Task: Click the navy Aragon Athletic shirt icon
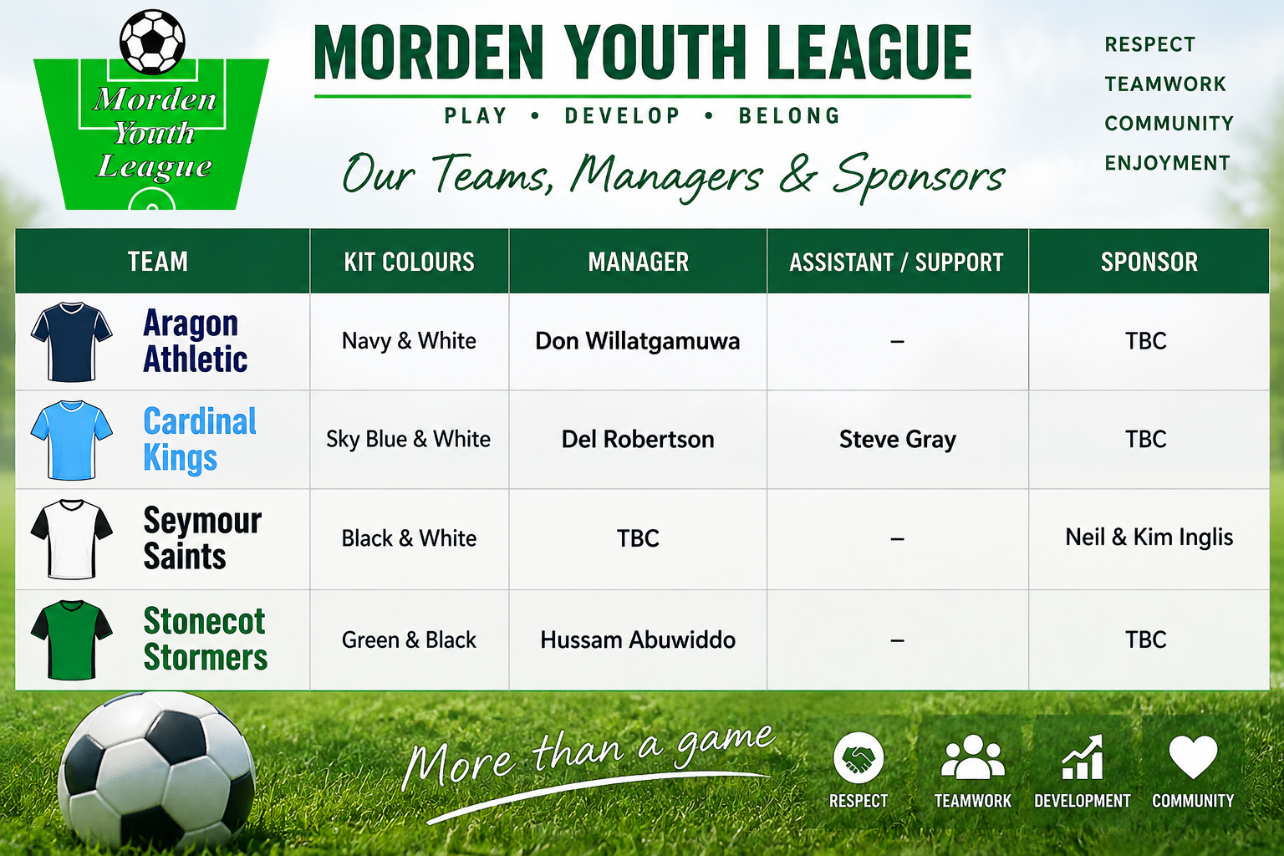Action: click(x=72, y=342)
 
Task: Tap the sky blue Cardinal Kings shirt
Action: click(x=72, y=441)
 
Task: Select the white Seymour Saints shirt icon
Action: click(x=72, y=539)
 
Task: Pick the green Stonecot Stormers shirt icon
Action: click(x=72, y=639)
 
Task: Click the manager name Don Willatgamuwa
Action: click(x=638, y=341)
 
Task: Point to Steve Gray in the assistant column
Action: click(x=898, y=440)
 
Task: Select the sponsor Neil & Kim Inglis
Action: click(x=1149, y=538)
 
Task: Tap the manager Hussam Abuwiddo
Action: click(x=638, y=639)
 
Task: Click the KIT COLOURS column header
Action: click(x=410, y=262)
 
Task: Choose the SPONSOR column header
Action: click(x=1149, y=262)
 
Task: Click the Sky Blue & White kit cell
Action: click(x=408, y=439)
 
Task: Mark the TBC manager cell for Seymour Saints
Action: click(x=638, y=538)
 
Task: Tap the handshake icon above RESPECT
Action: click(x=859, y=757)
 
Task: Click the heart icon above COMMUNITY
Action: click(x=1193, y=757)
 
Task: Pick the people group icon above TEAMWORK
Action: click(x=973, y=757)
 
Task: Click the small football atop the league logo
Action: click(x=152, y=42)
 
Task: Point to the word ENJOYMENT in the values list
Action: click(x=1168, y=163)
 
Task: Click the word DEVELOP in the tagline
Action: click(x=623, y=116)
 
